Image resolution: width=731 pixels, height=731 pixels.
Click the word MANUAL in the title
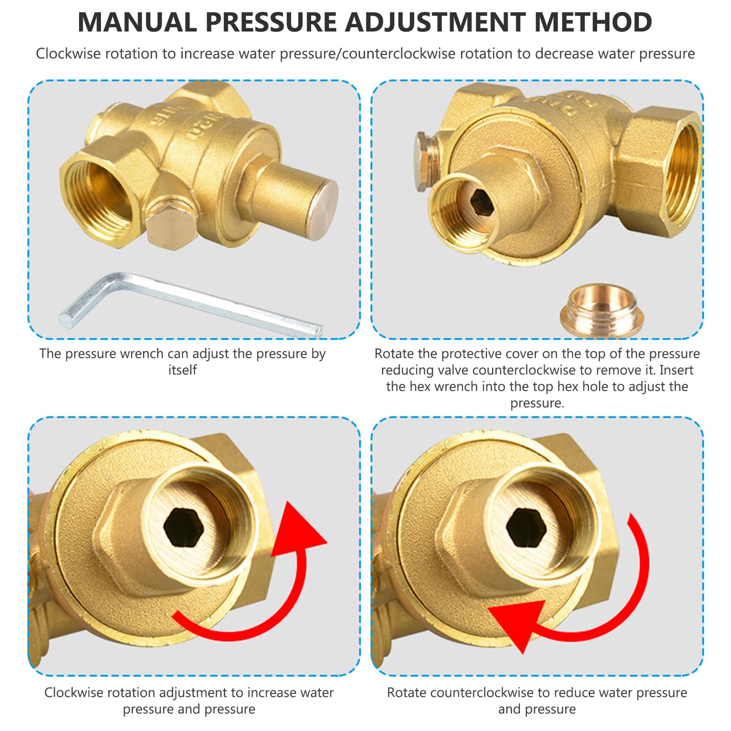138,22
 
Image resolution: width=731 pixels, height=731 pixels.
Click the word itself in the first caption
182,370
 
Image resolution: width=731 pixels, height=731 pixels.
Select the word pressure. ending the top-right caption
537,403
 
